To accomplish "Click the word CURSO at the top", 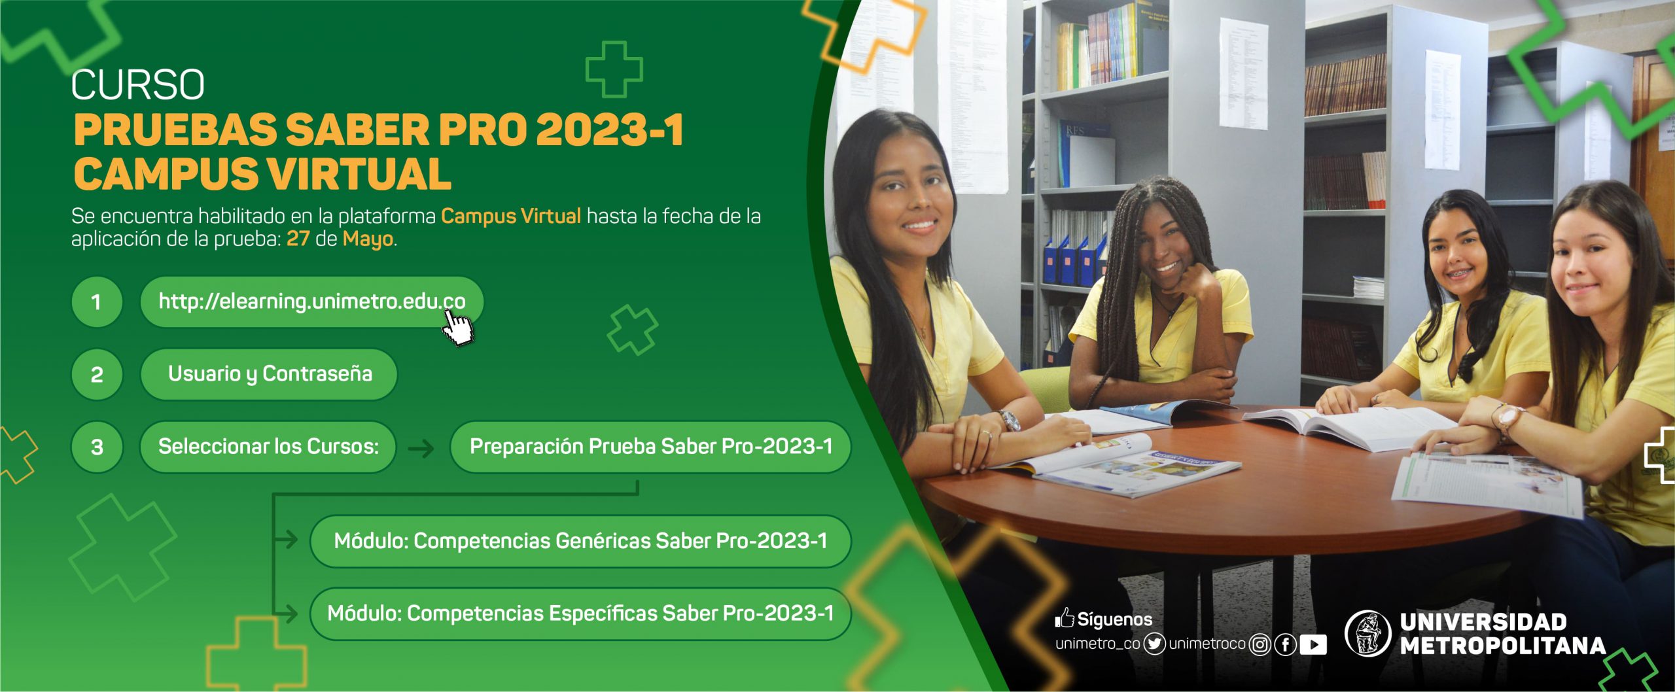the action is pyautogui.click(x=138, y=84).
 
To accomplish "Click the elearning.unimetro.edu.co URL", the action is pyautogui.click(x=312, y=302).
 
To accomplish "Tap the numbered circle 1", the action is pyautogui.click(x=97, y=302).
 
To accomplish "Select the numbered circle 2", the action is pyautogui.click(x=97, y=374).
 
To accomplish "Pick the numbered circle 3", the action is pyautogui.click(x=97, y=447).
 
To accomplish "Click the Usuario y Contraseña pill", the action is pyautogui.click(x=269, y=374).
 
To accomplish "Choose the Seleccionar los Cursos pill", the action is pyautogui.click(x=268, y=447).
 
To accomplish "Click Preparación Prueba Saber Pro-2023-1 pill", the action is pyautogui.click(x=650, y=447).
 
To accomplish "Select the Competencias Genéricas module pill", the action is pyautogui.click(x=580, y=541).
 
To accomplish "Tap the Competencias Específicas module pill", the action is pyautogui.click(x=580, y=614).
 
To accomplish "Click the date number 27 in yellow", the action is pyautogui.click(x=298, y=239).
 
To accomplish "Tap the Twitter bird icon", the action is pyautogui.click(x=1155, y=644).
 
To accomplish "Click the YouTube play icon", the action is pyautogui.click(x=1313, y=645).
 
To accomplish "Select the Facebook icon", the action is pyautogui.click(x=1285, y=645).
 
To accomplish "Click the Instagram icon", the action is pyautogui.click(x=1260, y=645).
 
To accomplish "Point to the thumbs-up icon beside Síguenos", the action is pyautogui.click(x=1064, y=618).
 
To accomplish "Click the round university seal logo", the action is pyautogui.click(x=1367, y=632).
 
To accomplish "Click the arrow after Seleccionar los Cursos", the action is pyautogui.click(x=421, y=449).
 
